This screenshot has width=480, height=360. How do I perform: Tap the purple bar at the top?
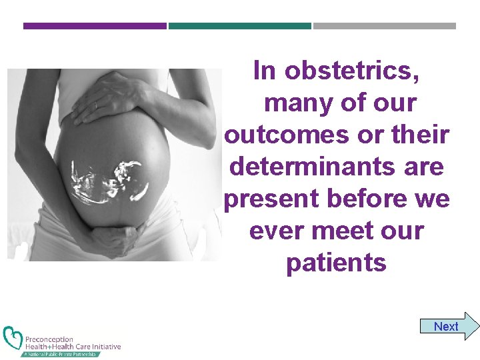point(95,26)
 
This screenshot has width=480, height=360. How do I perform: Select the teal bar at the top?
point(239,26)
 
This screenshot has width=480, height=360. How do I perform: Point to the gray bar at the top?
point(384,26)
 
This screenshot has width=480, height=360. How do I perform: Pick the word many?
point(293,103)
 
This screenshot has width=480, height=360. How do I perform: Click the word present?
point(267,199)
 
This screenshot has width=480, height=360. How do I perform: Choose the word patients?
point(336,263)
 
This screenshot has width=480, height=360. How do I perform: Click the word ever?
point(274,231)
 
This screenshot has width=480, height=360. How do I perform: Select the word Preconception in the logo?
point(49,339)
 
